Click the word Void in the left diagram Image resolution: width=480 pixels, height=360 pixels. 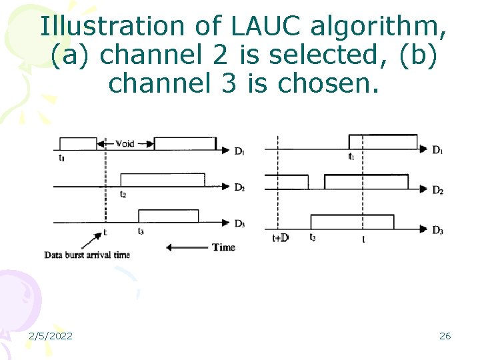[x=124, y=143]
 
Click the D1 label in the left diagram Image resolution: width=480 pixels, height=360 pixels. [x=239, y=151]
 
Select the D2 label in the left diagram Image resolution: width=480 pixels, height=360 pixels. [x=239, y=187]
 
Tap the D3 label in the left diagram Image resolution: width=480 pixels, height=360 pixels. [x=239, y=224]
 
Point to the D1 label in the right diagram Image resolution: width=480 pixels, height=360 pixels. [x=437, y=150]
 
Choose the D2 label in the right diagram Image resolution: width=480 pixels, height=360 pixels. [x=437, y=191]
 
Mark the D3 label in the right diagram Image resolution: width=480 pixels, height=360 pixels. [x=437, y=231]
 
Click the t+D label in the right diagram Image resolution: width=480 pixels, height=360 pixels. [x=280, y=237]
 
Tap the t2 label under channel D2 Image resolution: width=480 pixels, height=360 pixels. [x=123, y=195]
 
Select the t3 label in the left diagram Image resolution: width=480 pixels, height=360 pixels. [x=141, y=231]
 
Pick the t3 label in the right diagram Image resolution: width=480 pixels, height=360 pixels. [x=312, y=237]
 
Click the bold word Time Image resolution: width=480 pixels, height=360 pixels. [x=223, y=247]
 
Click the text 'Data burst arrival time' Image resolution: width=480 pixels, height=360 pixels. [x=87, y=255]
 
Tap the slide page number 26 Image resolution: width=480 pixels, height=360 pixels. [x=445, y=336]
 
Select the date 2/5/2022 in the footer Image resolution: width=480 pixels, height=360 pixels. [x=51, y=336]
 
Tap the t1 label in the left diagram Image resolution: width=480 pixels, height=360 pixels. [x=62, y=158]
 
